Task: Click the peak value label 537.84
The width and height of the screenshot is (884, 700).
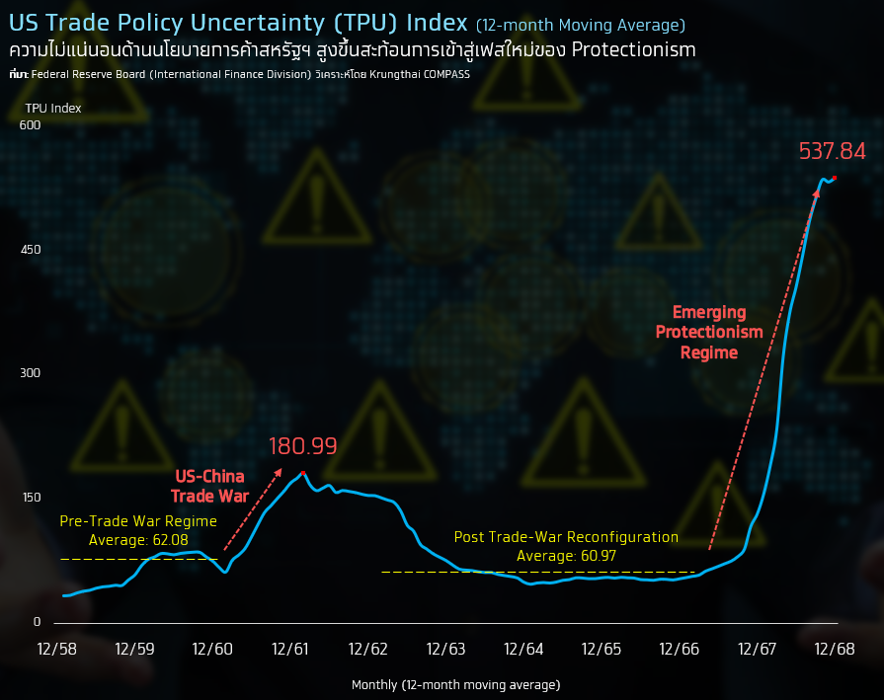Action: (x=832, y=151)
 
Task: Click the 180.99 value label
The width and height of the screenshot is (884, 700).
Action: (x=302, y=446)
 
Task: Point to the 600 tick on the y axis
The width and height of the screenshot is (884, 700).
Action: (x=31, y=125)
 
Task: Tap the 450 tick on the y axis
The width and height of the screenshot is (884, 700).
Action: (x=31, y=250)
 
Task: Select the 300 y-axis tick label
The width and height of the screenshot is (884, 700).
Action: (x=31, y=373)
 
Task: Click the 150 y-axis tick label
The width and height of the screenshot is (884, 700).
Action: (x=31, y=498)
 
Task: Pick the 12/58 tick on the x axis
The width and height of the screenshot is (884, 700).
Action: (x=57, y=649)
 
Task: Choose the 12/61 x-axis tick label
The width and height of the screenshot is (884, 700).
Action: (x=290, y=649)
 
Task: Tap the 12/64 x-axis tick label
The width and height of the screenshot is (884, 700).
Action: (x=523, y=649)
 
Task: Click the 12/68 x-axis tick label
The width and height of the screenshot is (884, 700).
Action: (x=835, y=649)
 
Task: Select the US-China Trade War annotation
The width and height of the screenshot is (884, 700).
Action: (x=208, y=487)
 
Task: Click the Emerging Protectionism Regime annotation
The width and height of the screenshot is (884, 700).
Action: (x=709, y=333)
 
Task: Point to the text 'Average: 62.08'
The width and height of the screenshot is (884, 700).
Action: (x=138, y=540)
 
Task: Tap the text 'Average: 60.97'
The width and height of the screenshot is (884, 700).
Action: (x=566, y=556)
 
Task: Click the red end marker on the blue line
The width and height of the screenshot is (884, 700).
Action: (x=835, y=178)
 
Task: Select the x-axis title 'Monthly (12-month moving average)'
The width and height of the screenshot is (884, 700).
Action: (x=455, y=684)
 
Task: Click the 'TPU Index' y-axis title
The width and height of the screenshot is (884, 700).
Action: (x=53, y=108)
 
